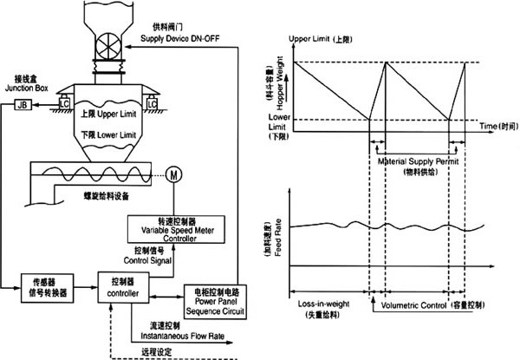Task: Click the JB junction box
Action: (21, 105)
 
